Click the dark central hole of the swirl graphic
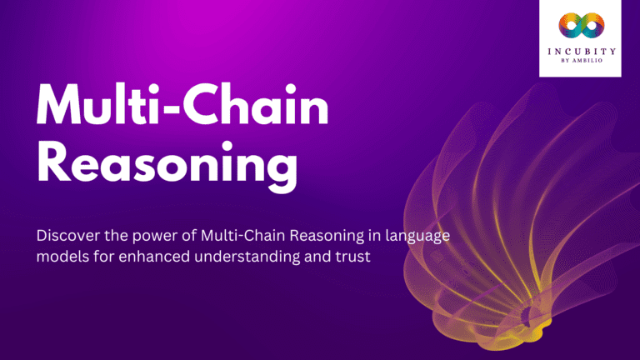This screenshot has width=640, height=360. [x=527, y=315]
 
